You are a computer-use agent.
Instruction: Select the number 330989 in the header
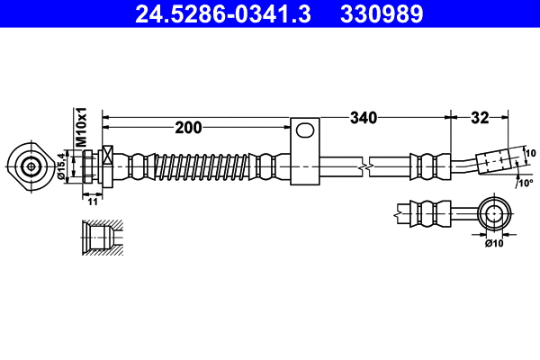coord(379,13)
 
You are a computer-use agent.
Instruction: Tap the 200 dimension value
coord(188,127)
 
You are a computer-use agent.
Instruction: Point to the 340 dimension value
coord(363,117)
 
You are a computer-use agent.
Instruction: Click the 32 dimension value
coord(480,117)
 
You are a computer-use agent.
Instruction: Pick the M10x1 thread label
coord(80,127)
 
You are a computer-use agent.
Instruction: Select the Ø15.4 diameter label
coord(62,166)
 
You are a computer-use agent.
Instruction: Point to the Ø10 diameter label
coord(494,242)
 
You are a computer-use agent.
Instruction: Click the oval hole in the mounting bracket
coord(306,131)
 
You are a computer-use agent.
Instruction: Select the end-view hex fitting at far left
coord(31,166)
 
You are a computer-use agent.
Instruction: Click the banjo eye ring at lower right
coord(494,214)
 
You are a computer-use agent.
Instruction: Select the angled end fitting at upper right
coord(497,161)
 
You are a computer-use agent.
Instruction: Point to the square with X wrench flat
coord(109,153)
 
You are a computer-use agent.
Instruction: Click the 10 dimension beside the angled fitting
coord(530,152)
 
